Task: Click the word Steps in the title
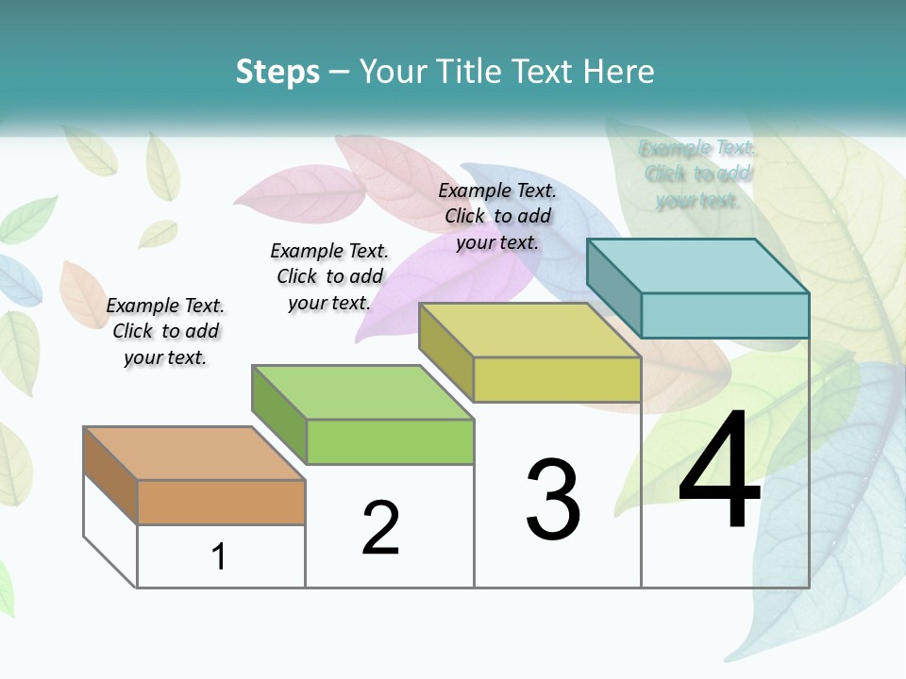click(277, 72)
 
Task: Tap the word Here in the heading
click(618, 72)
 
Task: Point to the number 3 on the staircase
click(553, 500)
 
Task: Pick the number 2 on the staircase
click(381, 528)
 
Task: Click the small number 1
click(219, 556)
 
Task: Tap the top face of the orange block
click(193, 454)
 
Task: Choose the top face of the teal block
click(696, 266)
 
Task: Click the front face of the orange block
click(221, 502)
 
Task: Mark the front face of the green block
click(390, 441)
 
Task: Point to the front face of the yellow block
click(557, 379)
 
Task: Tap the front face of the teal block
click(725, 315)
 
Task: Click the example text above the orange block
click(165, 331)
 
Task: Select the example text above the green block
click(329, 276)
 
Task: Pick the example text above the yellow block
click(497, 216)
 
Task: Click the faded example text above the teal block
click(697, 174)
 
